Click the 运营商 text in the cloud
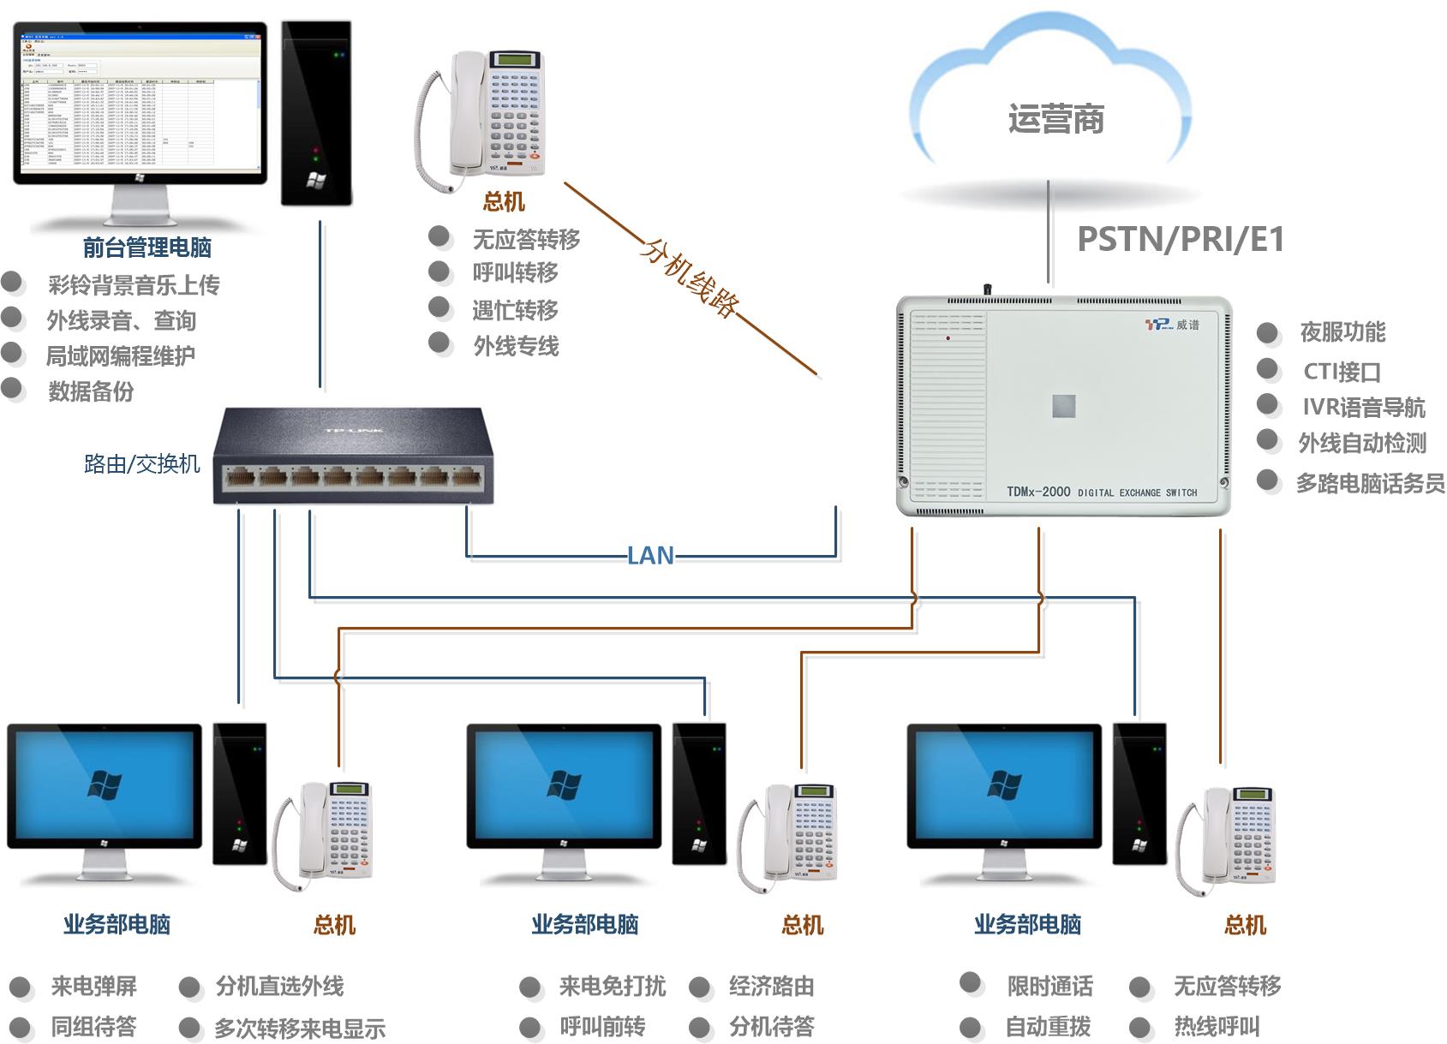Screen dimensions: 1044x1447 1055,119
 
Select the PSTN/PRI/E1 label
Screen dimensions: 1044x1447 1180,240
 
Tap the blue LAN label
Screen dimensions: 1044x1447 650,556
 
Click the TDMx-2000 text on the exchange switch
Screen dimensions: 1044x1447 1038,492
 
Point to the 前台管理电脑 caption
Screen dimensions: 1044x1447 147,248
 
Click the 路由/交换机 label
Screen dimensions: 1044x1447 141,464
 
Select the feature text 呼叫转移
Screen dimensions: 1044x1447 515,273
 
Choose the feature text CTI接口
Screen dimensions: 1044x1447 1341,372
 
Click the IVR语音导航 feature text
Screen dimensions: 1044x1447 1363,408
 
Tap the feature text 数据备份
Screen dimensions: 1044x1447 91,391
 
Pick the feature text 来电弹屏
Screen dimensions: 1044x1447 93,987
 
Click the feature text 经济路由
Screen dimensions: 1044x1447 771,987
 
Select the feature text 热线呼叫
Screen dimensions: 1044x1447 1217,1026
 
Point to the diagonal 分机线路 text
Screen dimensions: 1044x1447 691,278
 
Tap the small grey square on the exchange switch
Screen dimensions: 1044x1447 1063,406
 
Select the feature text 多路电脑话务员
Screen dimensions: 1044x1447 1370,484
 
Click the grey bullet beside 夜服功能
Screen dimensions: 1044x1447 1268,333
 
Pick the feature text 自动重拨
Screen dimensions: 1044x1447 1048,1026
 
